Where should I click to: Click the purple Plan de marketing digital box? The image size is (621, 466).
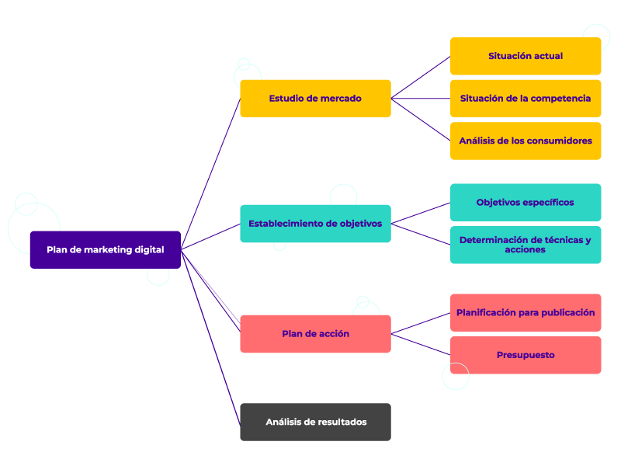tap(105, 249)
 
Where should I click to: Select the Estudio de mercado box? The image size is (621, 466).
tap(315, 99)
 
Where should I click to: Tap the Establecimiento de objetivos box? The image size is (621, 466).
tap(315, 224)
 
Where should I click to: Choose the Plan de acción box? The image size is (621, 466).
tap(315, 334)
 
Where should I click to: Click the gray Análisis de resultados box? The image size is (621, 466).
tap(315, 422)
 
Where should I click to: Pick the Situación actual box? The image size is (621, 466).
tap(526, 56)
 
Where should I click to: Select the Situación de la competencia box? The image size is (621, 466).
tap(526, 99)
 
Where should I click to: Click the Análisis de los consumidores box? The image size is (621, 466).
tap(526, 141)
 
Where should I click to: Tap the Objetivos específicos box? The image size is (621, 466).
tap(526, 202)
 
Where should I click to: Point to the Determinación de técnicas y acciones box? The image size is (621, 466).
tap(526, 245)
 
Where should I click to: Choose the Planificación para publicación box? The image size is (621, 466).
tap(526, 312)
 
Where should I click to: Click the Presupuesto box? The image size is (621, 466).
tap(526, 355)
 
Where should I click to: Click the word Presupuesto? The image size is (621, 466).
tap(526, 355)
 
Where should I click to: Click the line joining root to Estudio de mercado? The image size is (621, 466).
tap(210, 174)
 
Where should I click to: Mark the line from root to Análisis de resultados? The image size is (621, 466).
tap(210, 336)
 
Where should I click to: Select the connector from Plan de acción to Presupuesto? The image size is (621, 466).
tap(421, 345)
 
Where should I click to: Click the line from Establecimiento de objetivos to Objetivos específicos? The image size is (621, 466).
tap(421, 213)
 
